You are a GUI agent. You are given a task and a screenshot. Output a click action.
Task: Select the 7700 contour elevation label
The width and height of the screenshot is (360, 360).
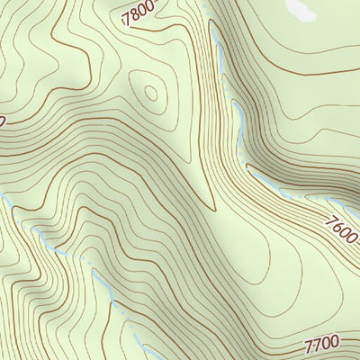pyautogui.click(x=321, y=345)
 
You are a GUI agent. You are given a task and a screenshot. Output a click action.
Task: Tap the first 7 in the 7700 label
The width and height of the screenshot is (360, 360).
pyautogui.click(x=309, y=347)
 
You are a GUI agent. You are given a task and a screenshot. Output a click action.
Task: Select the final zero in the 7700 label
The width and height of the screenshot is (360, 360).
pyautogui.click(x=334, y=342)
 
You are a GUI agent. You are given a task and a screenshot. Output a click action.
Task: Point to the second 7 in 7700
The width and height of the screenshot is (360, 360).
pyautogui.click(x=317, y=346)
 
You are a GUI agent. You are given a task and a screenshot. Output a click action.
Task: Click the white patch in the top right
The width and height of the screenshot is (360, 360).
pyautogui.click(x=301, y=9)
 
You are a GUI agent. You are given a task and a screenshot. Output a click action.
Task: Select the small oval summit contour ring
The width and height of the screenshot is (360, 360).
pyautogui.click(x=150, y=92)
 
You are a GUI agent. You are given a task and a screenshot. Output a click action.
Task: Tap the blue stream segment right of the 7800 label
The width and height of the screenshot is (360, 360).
pyautogui.click(x=217, y=40)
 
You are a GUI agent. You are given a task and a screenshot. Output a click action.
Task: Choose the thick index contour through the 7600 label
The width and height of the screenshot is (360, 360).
pyautogui.click(x=306, y=202)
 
